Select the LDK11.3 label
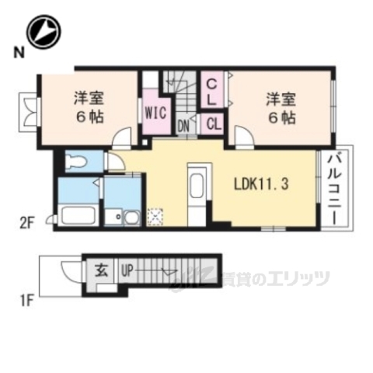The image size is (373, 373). [x=262, y=185]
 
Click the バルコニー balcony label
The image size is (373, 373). [x=336, y=189]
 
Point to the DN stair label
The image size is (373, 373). [x=184, y=124]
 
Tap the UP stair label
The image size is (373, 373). [x=126, y=271]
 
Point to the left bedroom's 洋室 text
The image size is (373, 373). [x=89, y=99]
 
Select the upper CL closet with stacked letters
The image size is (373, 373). [x=211, y=90]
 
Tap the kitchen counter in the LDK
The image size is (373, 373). [x=197, y=191]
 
